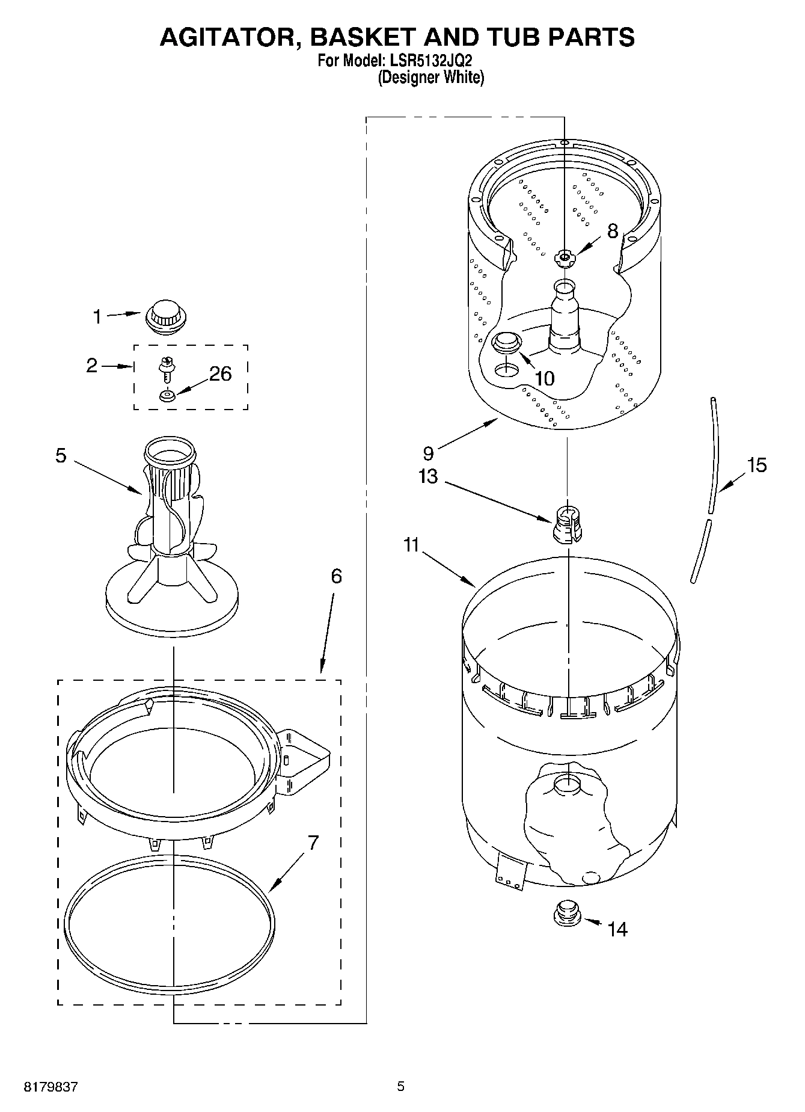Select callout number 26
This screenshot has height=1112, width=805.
[220, 373]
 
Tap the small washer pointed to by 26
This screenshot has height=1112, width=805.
[167, 396]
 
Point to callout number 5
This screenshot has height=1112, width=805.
[61, 455]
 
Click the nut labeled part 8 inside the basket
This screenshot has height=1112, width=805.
[564, 258]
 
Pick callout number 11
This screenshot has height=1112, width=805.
[411, 545]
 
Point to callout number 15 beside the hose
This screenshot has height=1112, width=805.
[756, 465]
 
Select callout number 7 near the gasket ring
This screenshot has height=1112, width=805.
[313, 843]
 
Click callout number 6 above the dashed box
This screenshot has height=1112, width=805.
[336, 576]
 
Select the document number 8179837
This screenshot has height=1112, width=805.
[51, 1087]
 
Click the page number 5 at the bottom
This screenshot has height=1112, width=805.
[401, 1086]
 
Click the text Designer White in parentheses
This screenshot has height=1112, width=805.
[430, 77]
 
